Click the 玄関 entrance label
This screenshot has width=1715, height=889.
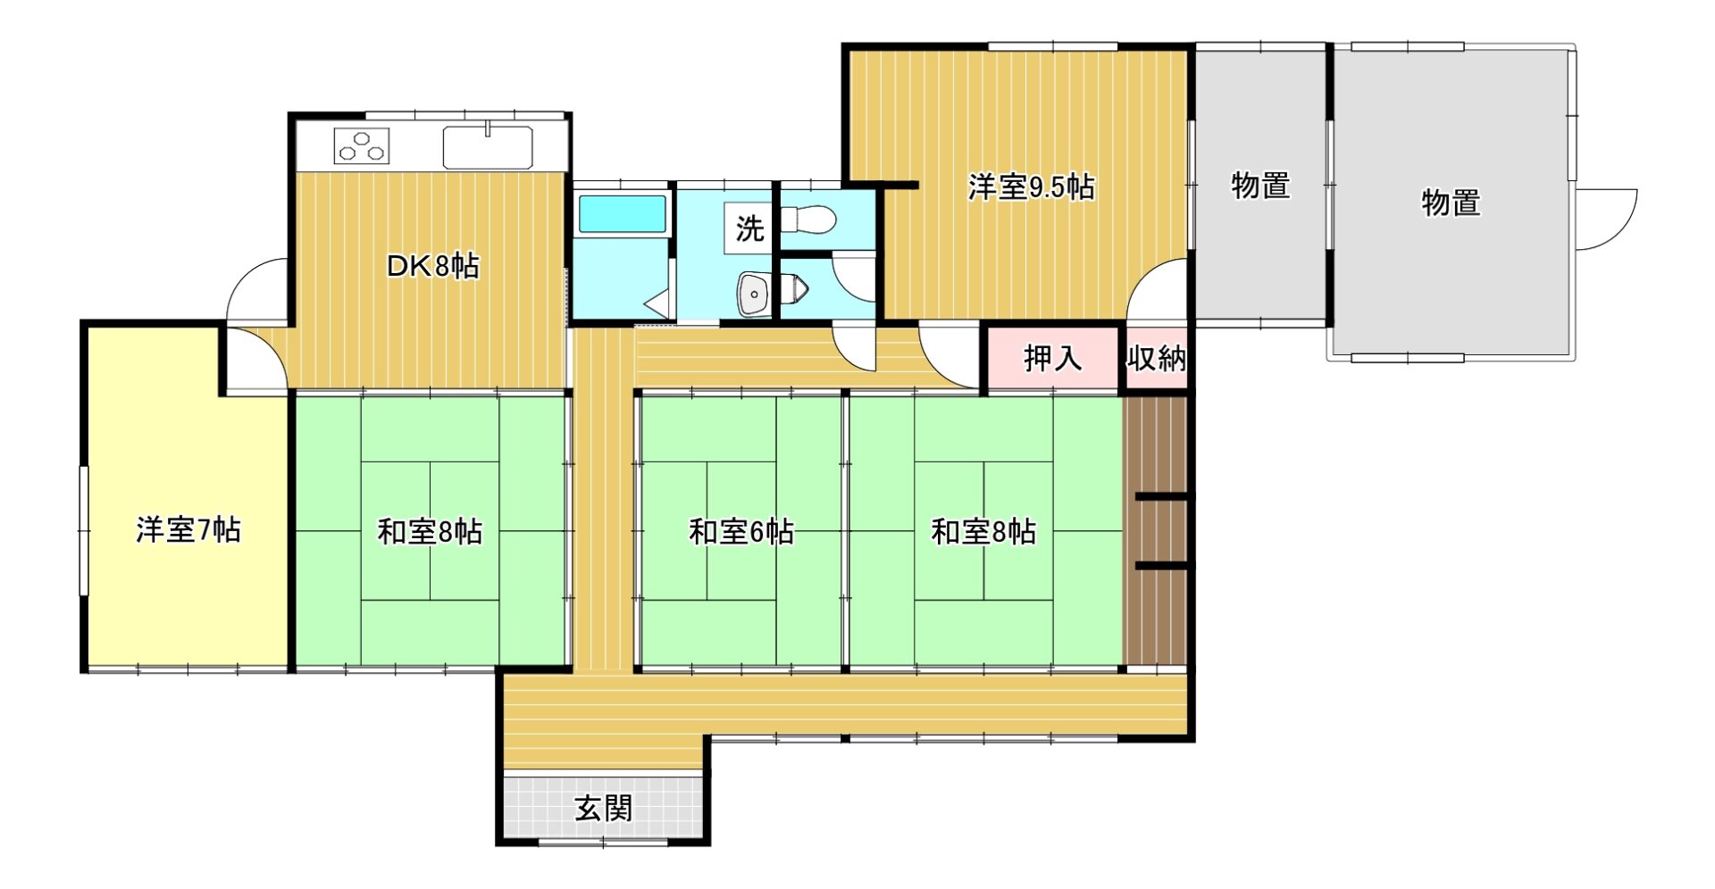603,809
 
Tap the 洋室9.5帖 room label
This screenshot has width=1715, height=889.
1031,187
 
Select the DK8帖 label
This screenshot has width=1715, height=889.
432,265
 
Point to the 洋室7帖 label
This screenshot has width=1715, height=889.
188,530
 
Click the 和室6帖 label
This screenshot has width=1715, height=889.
741,532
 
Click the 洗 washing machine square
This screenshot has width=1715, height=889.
749,228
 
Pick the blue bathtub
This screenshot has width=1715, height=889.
622,214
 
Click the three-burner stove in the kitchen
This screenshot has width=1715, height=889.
362,145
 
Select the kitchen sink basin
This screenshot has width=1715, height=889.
488,147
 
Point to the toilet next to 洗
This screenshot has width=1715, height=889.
807,219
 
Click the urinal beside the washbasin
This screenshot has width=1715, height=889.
794,287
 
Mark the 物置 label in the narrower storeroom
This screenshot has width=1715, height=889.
1259,186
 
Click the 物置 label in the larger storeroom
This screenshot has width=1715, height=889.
1451,203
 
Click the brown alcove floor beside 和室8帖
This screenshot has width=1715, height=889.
1155,531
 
